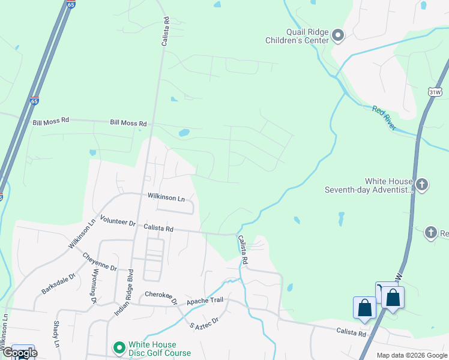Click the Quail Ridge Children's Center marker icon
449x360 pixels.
tap(338, 36)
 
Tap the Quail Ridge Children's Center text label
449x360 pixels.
tap(297, 36)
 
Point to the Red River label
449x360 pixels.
tap(384, 118)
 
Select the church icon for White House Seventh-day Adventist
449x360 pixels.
tap(422, 184)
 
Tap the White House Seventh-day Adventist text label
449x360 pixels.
tap(369, 185)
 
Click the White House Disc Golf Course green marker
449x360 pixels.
tap(119, 347)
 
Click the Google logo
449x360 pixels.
tap(19, 353)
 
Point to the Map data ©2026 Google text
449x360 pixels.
tap(411, 355)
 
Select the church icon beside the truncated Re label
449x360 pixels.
tap(430, 232)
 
